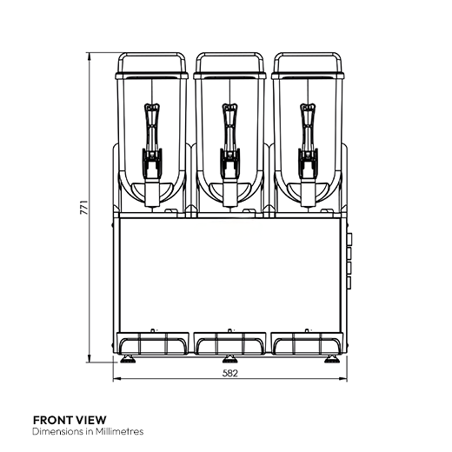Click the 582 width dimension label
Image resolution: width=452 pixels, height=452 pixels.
point(229,373)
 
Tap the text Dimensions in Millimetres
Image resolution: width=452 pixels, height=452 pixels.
point(87,431)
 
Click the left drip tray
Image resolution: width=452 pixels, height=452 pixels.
point(153,344)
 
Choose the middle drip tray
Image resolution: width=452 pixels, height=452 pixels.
point(229,344)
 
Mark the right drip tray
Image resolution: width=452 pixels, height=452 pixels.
point(306,344)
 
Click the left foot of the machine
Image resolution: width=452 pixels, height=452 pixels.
point(129,359)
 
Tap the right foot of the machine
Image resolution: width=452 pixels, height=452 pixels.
point(331,359)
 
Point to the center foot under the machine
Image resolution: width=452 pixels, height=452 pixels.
point(229,359)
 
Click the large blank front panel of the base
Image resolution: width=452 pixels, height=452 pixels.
point(229,274)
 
